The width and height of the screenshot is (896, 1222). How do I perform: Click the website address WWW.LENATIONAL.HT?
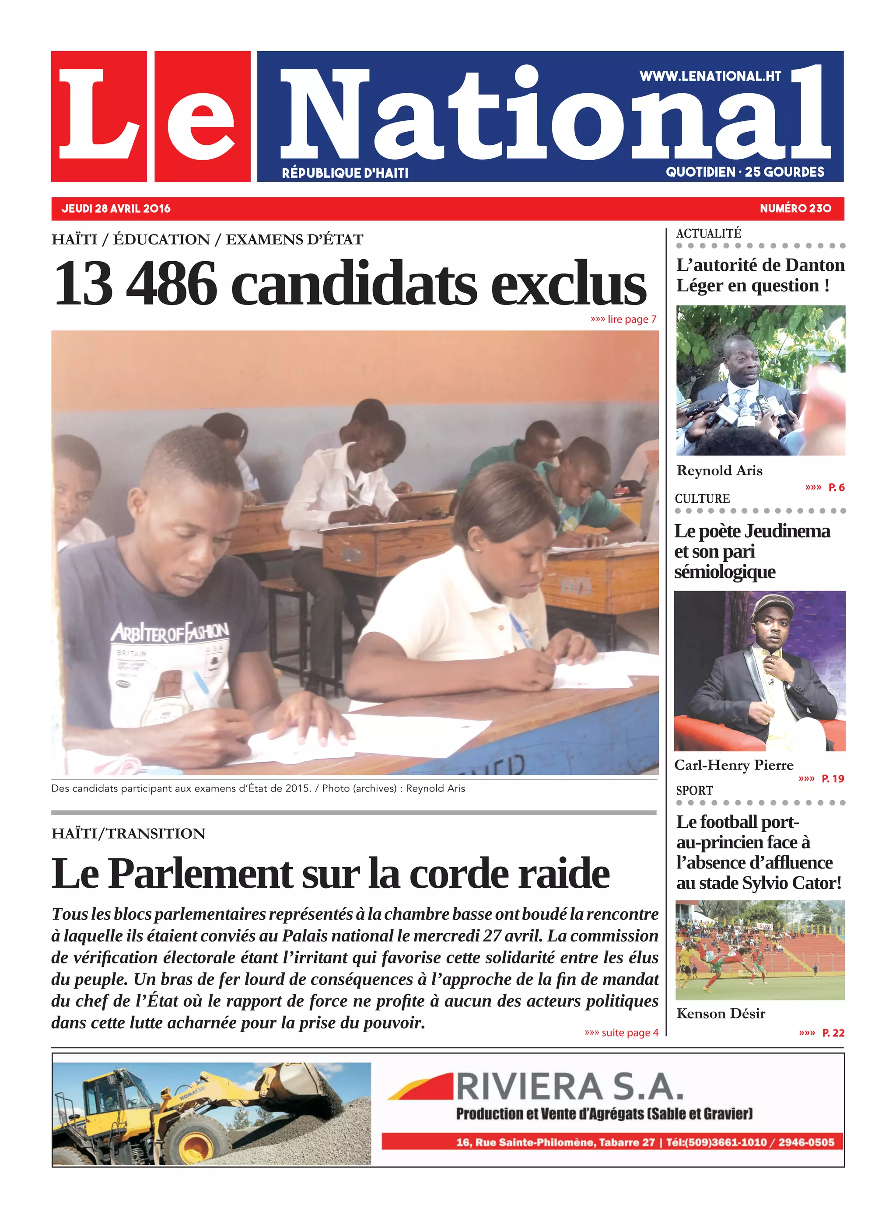(710, 77)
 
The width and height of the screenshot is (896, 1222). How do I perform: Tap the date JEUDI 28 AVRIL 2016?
(116, 209)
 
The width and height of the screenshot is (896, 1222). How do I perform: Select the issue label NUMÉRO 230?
(795, 209)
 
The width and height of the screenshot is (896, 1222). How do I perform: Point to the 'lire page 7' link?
(624, 319)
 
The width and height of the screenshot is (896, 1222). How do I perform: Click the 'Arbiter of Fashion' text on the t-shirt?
(170, 632)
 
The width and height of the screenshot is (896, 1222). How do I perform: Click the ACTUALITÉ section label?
(708, 234)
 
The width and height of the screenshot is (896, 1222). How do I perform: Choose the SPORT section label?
(694, 791)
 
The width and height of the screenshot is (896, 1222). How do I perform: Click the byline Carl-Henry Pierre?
(733, 765)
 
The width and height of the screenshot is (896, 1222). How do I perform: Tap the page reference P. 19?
(833, 779)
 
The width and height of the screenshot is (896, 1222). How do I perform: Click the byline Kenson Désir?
(721, 1014)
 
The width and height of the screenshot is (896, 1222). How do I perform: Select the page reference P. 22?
(833, 1033)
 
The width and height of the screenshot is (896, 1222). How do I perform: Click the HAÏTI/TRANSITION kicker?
(129, 833)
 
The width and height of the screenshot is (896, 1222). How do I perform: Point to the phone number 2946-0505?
(806, 1142)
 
